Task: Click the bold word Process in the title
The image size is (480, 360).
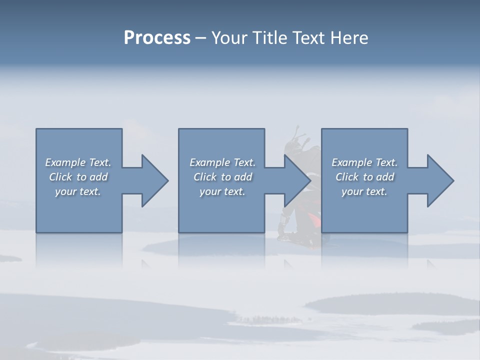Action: tap(157, 38)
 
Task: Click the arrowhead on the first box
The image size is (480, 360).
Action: tap(154, 180)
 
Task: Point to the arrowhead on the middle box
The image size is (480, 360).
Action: tap(297, 180)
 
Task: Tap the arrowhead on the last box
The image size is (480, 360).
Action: tap(440, 180)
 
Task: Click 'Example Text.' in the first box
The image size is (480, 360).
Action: tap(78, 162)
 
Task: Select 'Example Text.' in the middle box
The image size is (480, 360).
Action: tap(222, 162)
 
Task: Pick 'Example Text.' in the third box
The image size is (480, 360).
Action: tap(364, 162)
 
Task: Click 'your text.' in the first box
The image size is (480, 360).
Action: tap(78, 191)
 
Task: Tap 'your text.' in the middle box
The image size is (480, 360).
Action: tap(222, 191)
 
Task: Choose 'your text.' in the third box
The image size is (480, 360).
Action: tap(364, 191)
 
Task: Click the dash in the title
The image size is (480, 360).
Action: tap(201, 38)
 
